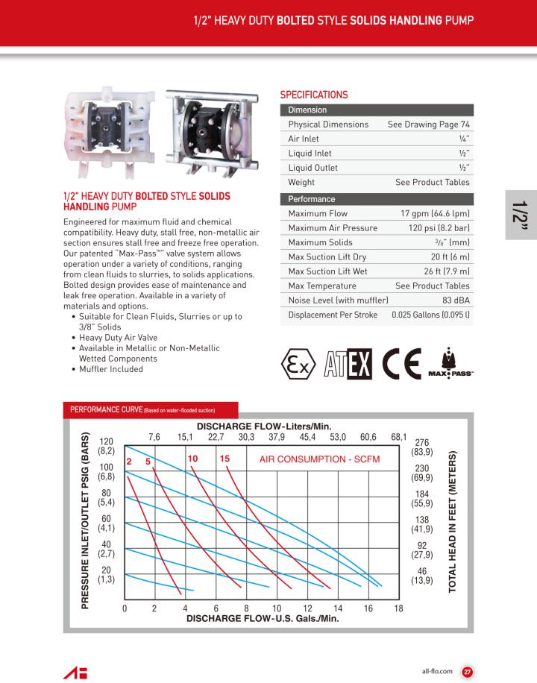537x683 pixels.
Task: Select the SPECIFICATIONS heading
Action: click(x=313, y=95)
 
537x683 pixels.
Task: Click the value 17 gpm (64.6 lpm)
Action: click(x=430, y=213)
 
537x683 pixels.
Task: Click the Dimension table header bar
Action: click(x=376, y=110)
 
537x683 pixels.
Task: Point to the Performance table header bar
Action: click(x=376, y=199)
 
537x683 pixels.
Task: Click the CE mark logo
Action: click(x=401, y=362)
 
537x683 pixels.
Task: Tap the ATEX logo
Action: click(x=348, y=362)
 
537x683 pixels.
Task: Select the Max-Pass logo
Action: click(x=450, y=362)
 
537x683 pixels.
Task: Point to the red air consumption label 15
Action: click(x=225, y=459)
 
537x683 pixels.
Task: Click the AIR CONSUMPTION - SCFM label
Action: click(x=319, y=459)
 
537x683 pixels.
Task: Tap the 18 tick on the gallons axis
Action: click(x=398, y=608)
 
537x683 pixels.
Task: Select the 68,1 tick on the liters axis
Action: click(x=399, y=437)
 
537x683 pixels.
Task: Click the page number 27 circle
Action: click(x=468, y=671)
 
